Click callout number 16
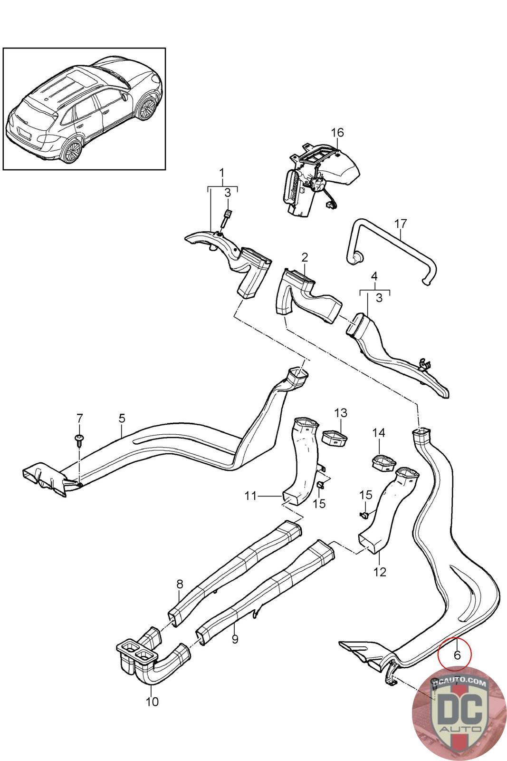(337, 132)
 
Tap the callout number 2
(305, 257)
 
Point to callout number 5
(122, 418)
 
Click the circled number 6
(457, 655)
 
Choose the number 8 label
(179, 583)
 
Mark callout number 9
(235, 639)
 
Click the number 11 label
(250, 496)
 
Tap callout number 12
(380, 571)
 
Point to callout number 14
(379, 433)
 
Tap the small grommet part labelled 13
(335, 437)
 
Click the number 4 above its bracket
(374, 276)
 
